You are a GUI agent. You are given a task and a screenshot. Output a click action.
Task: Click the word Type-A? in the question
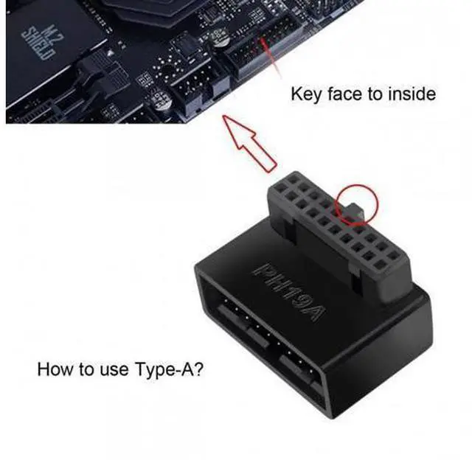(x=169, y=369)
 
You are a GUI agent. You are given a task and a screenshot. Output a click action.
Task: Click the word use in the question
(x=114, y=370)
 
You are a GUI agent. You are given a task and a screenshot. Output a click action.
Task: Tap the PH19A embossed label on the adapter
(x=288, y=293)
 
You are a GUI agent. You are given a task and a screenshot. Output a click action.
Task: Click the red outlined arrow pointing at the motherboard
(x=249, y=144)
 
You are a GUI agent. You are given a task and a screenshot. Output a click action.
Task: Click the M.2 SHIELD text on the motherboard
(x=40, y=43)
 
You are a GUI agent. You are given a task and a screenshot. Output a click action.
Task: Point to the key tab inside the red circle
(x=355, y=210)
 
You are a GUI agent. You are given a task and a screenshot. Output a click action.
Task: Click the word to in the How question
(x=85, y=369)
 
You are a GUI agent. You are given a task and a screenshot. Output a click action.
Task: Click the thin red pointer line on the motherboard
(x=272, y=59)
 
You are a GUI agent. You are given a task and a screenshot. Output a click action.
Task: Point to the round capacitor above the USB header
(x=220, y=37)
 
